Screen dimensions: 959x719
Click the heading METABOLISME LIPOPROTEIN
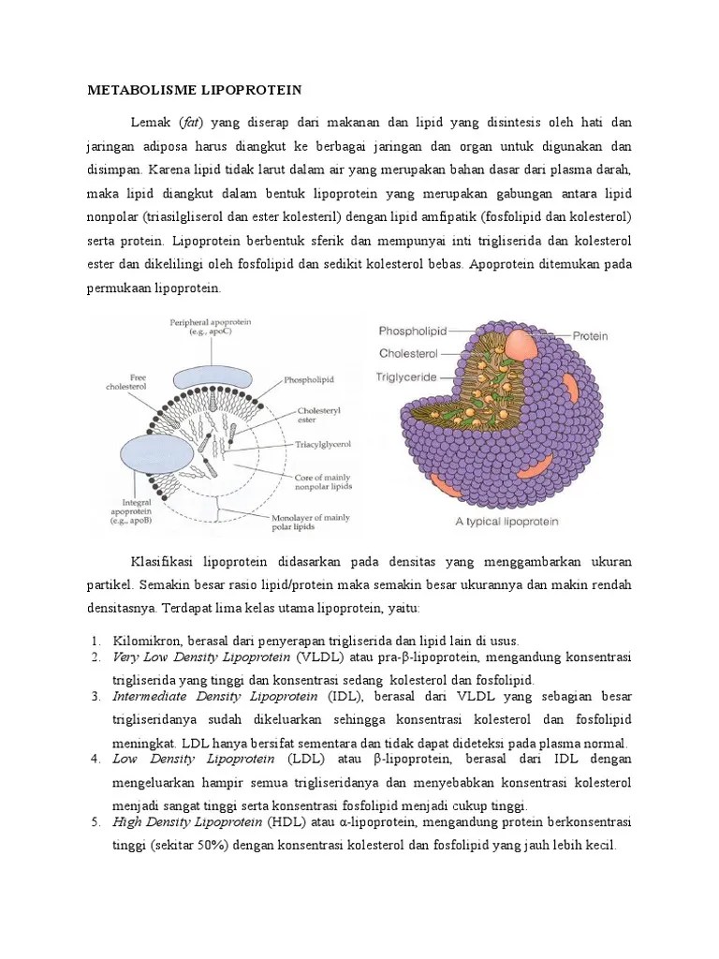pyautogui.click(x=194, y=90)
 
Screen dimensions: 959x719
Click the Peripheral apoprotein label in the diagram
pyautogui.click(x=211, y=326)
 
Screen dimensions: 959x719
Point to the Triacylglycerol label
pyautogui.click(x=322, y=447)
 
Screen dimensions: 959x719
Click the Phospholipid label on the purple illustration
pyautogui.click(x=413, y=331)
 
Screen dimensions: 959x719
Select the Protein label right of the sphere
pyautogui.click(x=591, y=334)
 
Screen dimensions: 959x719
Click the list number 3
pyautogui.click(x=95, y=698)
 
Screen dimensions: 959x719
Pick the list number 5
pyautogui.click(x=95, y=823)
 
